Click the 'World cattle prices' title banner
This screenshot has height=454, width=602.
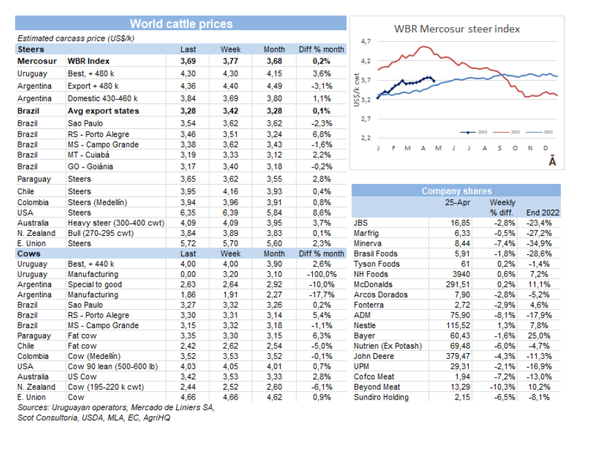pos(181,24)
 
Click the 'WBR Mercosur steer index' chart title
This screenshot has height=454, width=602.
pos(457,29)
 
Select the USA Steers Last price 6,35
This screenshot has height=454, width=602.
pos(188,213)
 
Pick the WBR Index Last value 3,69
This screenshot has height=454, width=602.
pos(188,61)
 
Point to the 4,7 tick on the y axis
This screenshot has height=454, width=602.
pos(366,41)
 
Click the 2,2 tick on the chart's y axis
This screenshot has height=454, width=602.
pos(366,138)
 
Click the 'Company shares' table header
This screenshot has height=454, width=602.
pos(456,191)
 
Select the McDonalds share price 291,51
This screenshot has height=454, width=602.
pos(456,285)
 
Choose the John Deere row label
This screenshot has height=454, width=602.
pos(372,356)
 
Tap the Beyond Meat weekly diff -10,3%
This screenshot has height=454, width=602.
pos(502,387)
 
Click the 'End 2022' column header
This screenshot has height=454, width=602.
pos(542,213)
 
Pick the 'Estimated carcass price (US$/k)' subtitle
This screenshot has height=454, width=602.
pos(76,39)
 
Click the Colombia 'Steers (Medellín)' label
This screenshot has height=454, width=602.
pos(97,202)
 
